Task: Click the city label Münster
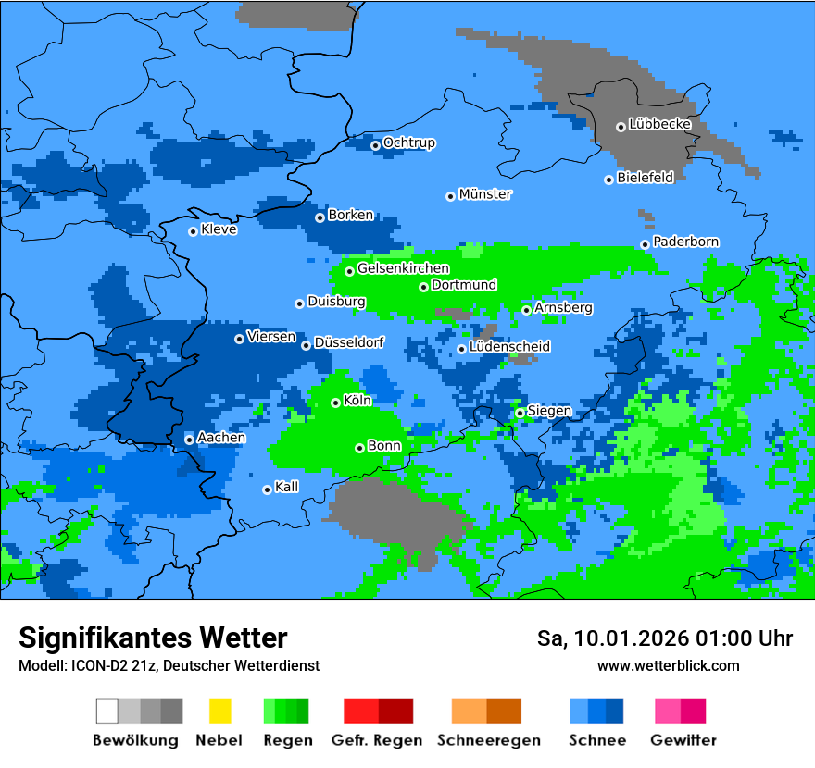click(x=485, y=194)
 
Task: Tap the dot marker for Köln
click(x=335, y=403)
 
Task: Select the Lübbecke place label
click(x=659, y=124)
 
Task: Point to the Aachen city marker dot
click(x=189, y=440)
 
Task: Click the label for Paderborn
click(x=685, y=242)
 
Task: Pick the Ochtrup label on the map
click(x=408, y=143)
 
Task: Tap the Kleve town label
click(x=219, y=229)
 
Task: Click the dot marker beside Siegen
click(x=520, y=413)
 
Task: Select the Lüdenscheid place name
click(x=509, y=347)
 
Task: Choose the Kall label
click(x=286, y=487)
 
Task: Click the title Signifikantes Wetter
click(x=153, y=638)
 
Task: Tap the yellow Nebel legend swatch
click(x=219, y=711)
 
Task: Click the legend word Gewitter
click(x=683, y=740)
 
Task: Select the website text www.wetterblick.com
click(x=668, y=666)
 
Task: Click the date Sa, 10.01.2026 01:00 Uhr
click(x=664, y=638)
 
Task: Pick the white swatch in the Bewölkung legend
click(x=107, y=711)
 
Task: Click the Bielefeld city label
click(x=645, y=178)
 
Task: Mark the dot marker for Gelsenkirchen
click(x=349, y=271)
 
